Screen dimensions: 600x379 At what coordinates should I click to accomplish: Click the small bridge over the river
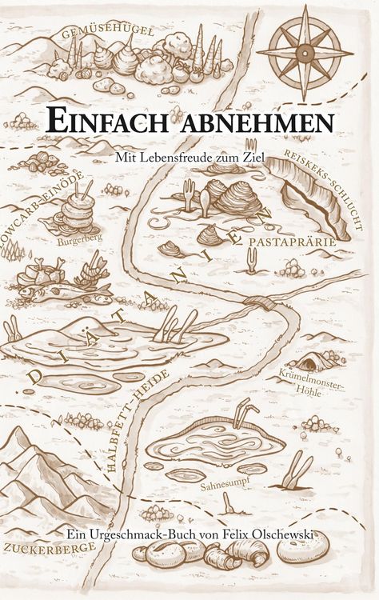coord(261,302)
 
